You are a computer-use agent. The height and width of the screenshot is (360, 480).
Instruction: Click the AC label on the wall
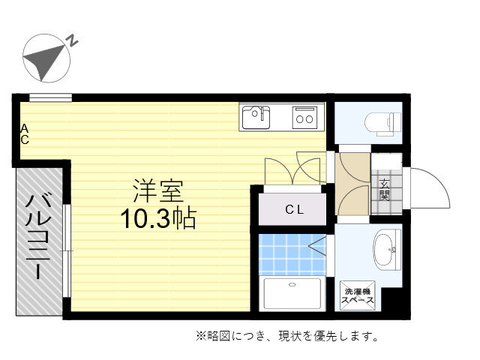pos(24,134)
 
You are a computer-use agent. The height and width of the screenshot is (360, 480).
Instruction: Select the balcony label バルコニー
pos(38,237)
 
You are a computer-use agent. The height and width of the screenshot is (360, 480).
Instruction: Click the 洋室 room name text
pos(158,190)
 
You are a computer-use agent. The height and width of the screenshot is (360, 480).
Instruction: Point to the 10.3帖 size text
pos(158,218)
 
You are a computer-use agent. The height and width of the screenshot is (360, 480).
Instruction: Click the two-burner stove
pos(304,117)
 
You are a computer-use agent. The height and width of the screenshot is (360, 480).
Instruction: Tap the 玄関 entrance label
pos(384,190)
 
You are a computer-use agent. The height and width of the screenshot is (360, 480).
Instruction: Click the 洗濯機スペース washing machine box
pos(358,295)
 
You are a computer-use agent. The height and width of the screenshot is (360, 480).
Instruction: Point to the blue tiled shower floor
pos(289,254)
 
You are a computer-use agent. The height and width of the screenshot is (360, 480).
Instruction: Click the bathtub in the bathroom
pos(293,295)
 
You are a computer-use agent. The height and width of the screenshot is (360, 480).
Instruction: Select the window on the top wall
pos(50,97)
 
